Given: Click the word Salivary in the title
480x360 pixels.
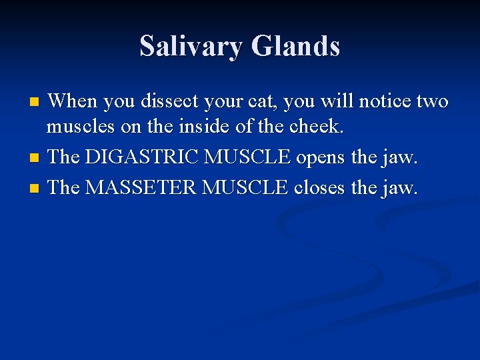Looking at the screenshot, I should point(191,47).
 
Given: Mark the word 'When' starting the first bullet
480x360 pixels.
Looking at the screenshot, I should point(73,101).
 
